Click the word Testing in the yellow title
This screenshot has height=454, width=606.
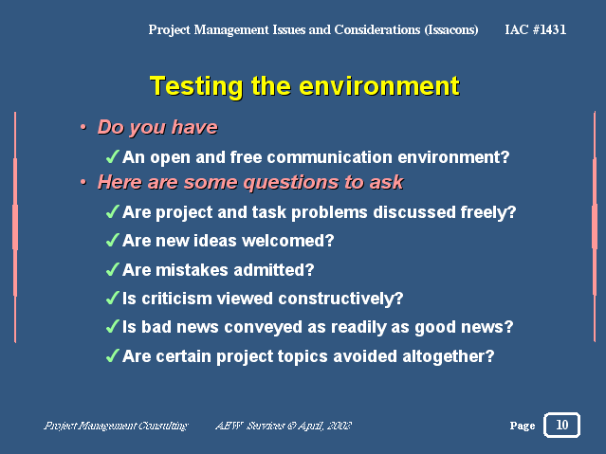pyautogui.click(x=196, y=86)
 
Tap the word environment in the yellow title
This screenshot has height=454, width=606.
pyautogui.click(x=379, y=85)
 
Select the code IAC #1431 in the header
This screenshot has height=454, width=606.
pyautogui.click(x=535, y=29)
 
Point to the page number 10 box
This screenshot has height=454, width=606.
pyautogui.click(x=561, y=425)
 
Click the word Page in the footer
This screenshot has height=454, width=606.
pyautogui.click(x=523, y=426)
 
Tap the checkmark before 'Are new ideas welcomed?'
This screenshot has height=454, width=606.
pyautogui.click(x=112, y=240)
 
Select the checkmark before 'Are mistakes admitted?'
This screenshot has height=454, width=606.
pyautogui.click(x=112, y=269)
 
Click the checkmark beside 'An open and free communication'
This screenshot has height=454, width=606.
pyautogui.click(x=112, y=156)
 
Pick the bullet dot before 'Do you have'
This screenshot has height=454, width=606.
pyautogui.click(x=83, y=127)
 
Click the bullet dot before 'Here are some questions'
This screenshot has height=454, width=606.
pyautogui.click(x=83, y=182)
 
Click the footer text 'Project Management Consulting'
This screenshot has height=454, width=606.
pyautogui.click(x=116, y=426)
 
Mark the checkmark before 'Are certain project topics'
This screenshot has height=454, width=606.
pyautogui.click(x=112, y=355)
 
